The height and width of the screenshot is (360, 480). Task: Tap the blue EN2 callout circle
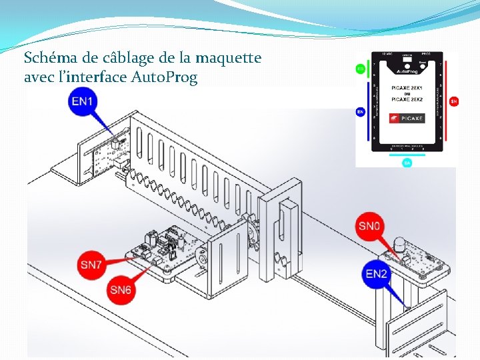377,274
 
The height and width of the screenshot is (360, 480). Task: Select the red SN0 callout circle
369,226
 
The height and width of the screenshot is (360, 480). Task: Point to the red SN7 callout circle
91,265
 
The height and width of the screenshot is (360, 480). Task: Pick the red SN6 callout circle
121,290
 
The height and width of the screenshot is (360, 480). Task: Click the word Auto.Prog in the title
165,78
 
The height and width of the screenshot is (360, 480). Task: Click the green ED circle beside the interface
361,69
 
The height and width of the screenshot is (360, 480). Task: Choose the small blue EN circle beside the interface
360,112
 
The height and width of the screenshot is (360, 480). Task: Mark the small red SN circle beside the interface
453,101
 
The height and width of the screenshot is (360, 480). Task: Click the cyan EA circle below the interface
407,162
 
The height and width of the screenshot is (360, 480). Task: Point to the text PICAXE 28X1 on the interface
407,88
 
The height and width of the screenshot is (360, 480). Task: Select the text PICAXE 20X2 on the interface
407,99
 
